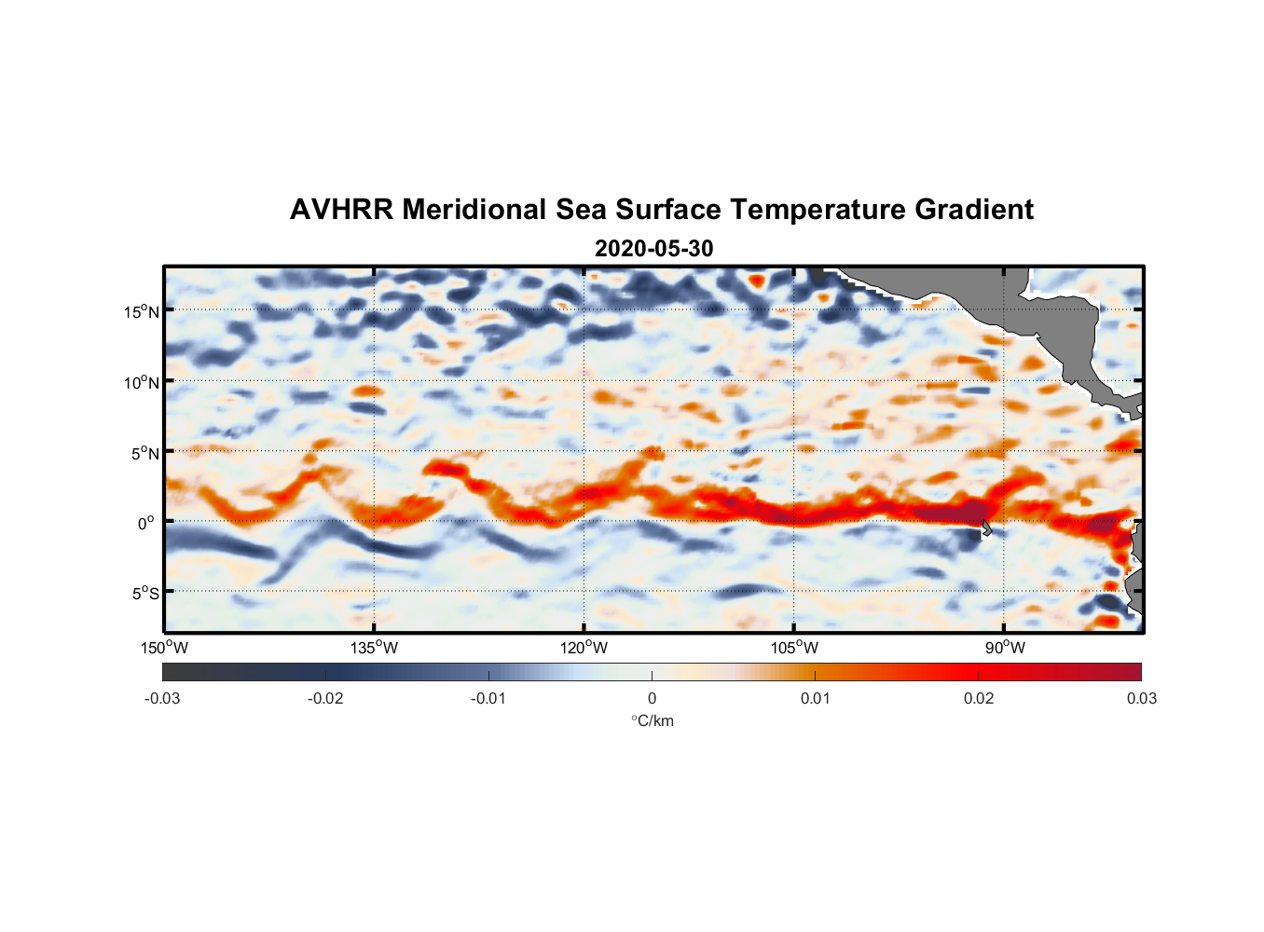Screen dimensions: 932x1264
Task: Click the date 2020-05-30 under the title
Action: pyautogui.click(x=653, y=249)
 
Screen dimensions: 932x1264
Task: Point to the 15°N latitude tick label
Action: pyautogui.click(x=142, y=311)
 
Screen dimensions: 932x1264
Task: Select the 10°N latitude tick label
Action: pyautogui.click(x=142, y=382)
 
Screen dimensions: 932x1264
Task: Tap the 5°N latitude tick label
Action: pyautogui.click(x=144, y=453)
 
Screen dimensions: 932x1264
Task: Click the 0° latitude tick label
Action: pyautogui.click(x=146, y=523)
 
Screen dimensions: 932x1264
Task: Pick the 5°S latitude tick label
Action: pyautogui.click(x=144, y=593)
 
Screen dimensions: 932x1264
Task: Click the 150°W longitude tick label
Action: pyautogui.click(x=165, y=648)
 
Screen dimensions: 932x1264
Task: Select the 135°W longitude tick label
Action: pyautogui.click(x=375, y=648)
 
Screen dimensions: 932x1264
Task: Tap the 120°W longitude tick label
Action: pyautogui.click(x=584, y=648)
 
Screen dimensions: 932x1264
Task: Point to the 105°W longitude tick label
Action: pyautogui.click(x=794, y=648)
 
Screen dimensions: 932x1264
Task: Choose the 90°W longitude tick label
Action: pyautogui.click(x=1005, y=648)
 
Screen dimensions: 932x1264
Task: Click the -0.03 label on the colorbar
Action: pyautogui.click(x=162, y=698)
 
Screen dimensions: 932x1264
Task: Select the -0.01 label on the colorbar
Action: pyautogui.click(x=488, y=698)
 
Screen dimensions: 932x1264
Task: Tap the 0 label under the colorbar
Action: pyautogui.click(x=652, y=698)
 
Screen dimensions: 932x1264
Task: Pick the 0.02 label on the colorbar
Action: pyautogui.click(x=979, y=698)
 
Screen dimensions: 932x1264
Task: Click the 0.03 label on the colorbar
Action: pyautogui.click(x=1141, y=698)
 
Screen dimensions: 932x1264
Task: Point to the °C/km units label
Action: pyautogui.click(x=652, y=720)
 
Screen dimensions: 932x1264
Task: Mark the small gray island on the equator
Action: pyautogui.click(x=986, y=528)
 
